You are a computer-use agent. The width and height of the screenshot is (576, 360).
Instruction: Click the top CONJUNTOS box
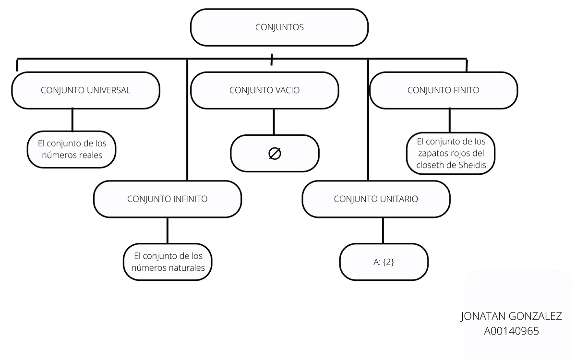tap(279, 27)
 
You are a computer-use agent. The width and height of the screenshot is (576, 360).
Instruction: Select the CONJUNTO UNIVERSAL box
tap(85, 90)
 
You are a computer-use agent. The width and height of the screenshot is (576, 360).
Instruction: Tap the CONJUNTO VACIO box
tap(264, 90)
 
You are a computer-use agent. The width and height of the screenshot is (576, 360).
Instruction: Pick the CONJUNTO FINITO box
tap(443, 90)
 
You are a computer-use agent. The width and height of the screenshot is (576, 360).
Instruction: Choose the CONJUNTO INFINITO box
tap(167, 199)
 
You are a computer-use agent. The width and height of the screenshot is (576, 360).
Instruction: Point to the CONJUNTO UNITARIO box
tap(376, 199)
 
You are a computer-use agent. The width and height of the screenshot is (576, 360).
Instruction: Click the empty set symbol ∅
tap(275, 154)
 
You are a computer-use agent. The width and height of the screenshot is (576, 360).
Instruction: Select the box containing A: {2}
tap(384, 262)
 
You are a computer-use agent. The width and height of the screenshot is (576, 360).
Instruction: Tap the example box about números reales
tap(72, 149)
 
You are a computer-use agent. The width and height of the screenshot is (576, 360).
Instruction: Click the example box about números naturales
tap(168, 262)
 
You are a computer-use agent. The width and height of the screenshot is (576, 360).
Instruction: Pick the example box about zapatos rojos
tap(451, 154)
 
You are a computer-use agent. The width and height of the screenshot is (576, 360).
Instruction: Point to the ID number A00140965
tap(511, 331)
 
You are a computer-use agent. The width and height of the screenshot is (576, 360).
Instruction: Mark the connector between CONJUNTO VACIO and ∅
tap(274, 122)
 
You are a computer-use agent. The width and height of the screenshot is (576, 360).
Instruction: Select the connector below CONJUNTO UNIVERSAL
tap(72, 120)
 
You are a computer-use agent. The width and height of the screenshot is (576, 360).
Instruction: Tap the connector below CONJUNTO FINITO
tap(450, 120)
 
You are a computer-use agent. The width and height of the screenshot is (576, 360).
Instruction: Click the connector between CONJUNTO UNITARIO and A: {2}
tap(383, 230)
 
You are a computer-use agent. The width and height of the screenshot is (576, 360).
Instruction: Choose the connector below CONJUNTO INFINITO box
tap(167, 230)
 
